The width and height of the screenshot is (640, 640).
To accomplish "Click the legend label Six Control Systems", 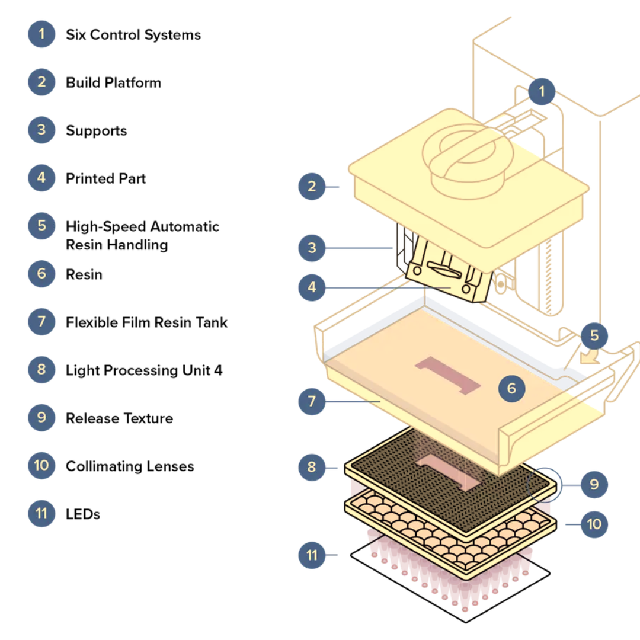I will click(133, 35).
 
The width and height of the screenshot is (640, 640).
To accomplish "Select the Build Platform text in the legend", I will click(113, 83).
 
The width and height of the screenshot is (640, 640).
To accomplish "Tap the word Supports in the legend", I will click(96, 131).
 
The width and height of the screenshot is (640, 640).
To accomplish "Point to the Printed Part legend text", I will click(105, 179).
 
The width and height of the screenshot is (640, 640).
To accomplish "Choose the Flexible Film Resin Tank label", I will click(146, 323).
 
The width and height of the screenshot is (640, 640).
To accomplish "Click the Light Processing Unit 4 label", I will click(144, 371).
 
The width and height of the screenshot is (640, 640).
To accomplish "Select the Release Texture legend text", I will click(119, 419).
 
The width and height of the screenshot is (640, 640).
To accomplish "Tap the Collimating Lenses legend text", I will click(130, 467).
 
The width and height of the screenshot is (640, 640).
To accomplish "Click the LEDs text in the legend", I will click(83, 514).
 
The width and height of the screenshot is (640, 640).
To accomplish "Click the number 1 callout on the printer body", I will click(541, 92).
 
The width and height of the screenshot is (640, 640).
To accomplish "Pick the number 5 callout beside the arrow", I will click(594, 337).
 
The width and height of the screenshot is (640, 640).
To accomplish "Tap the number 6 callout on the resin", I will click(512, 389).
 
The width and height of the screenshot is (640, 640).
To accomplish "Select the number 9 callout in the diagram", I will click(594, 485).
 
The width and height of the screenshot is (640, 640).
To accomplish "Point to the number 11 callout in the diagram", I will click(312, 555).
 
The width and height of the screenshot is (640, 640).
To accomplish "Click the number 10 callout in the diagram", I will click(594, 524).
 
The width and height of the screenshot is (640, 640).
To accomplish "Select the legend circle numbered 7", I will click(41, 322).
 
